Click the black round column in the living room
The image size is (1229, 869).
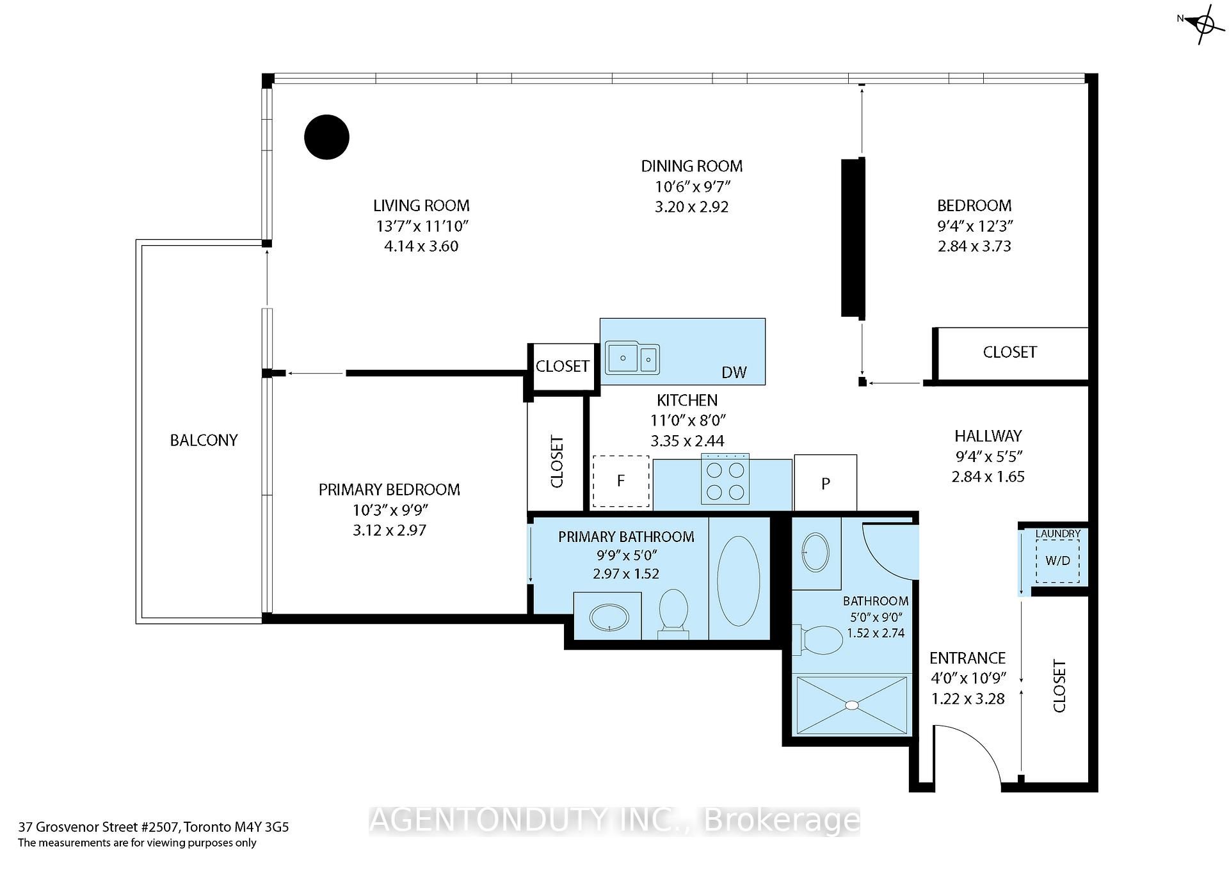(x=326, y=137)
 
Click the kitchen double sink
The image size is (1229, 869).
(x=632, y=357)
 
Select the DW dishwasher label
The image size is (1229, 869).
(x=734, y=372)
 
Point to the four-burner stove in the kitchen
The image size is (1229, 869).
(x=725, y=480)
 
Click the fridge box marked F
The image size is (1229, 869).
(x=621, y=481)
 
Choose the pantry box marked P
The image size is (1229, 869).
(x=825, y=483)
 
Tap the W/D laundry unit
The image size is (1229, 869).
(x=1057, y=561)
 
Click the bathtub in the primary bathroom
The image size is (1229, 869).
(x=739, y=580)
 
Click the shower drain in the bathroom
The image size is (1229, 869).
(x=851, y=705)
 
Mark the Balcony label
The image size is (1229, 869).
(x=204, y=440)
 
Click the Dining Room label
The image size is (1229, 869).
(x=692, y=166)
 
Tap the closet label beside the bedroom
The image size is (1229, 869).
(x=1009, y=352)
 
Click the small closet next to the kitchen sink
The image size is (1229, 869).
(x=562, y=366)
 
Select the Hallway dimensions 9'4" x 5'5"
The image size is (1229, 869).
(x=988, y=456)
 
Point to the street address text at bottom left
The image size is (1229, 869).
(x=154, y=827)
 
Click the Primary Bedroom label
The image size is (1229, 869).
(x=389, y=490)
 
